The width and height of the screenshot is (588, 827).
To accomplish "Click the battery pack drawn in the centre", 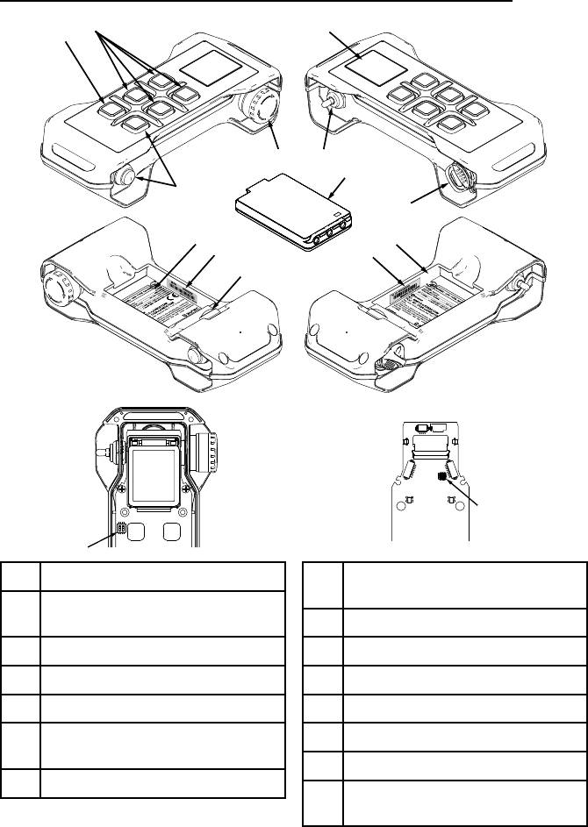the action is pyautogui.click(x=293, y=213).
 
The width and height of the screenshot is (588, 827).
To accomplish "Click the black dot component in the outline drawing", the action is pyautogui.click(x=443, y=476).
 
